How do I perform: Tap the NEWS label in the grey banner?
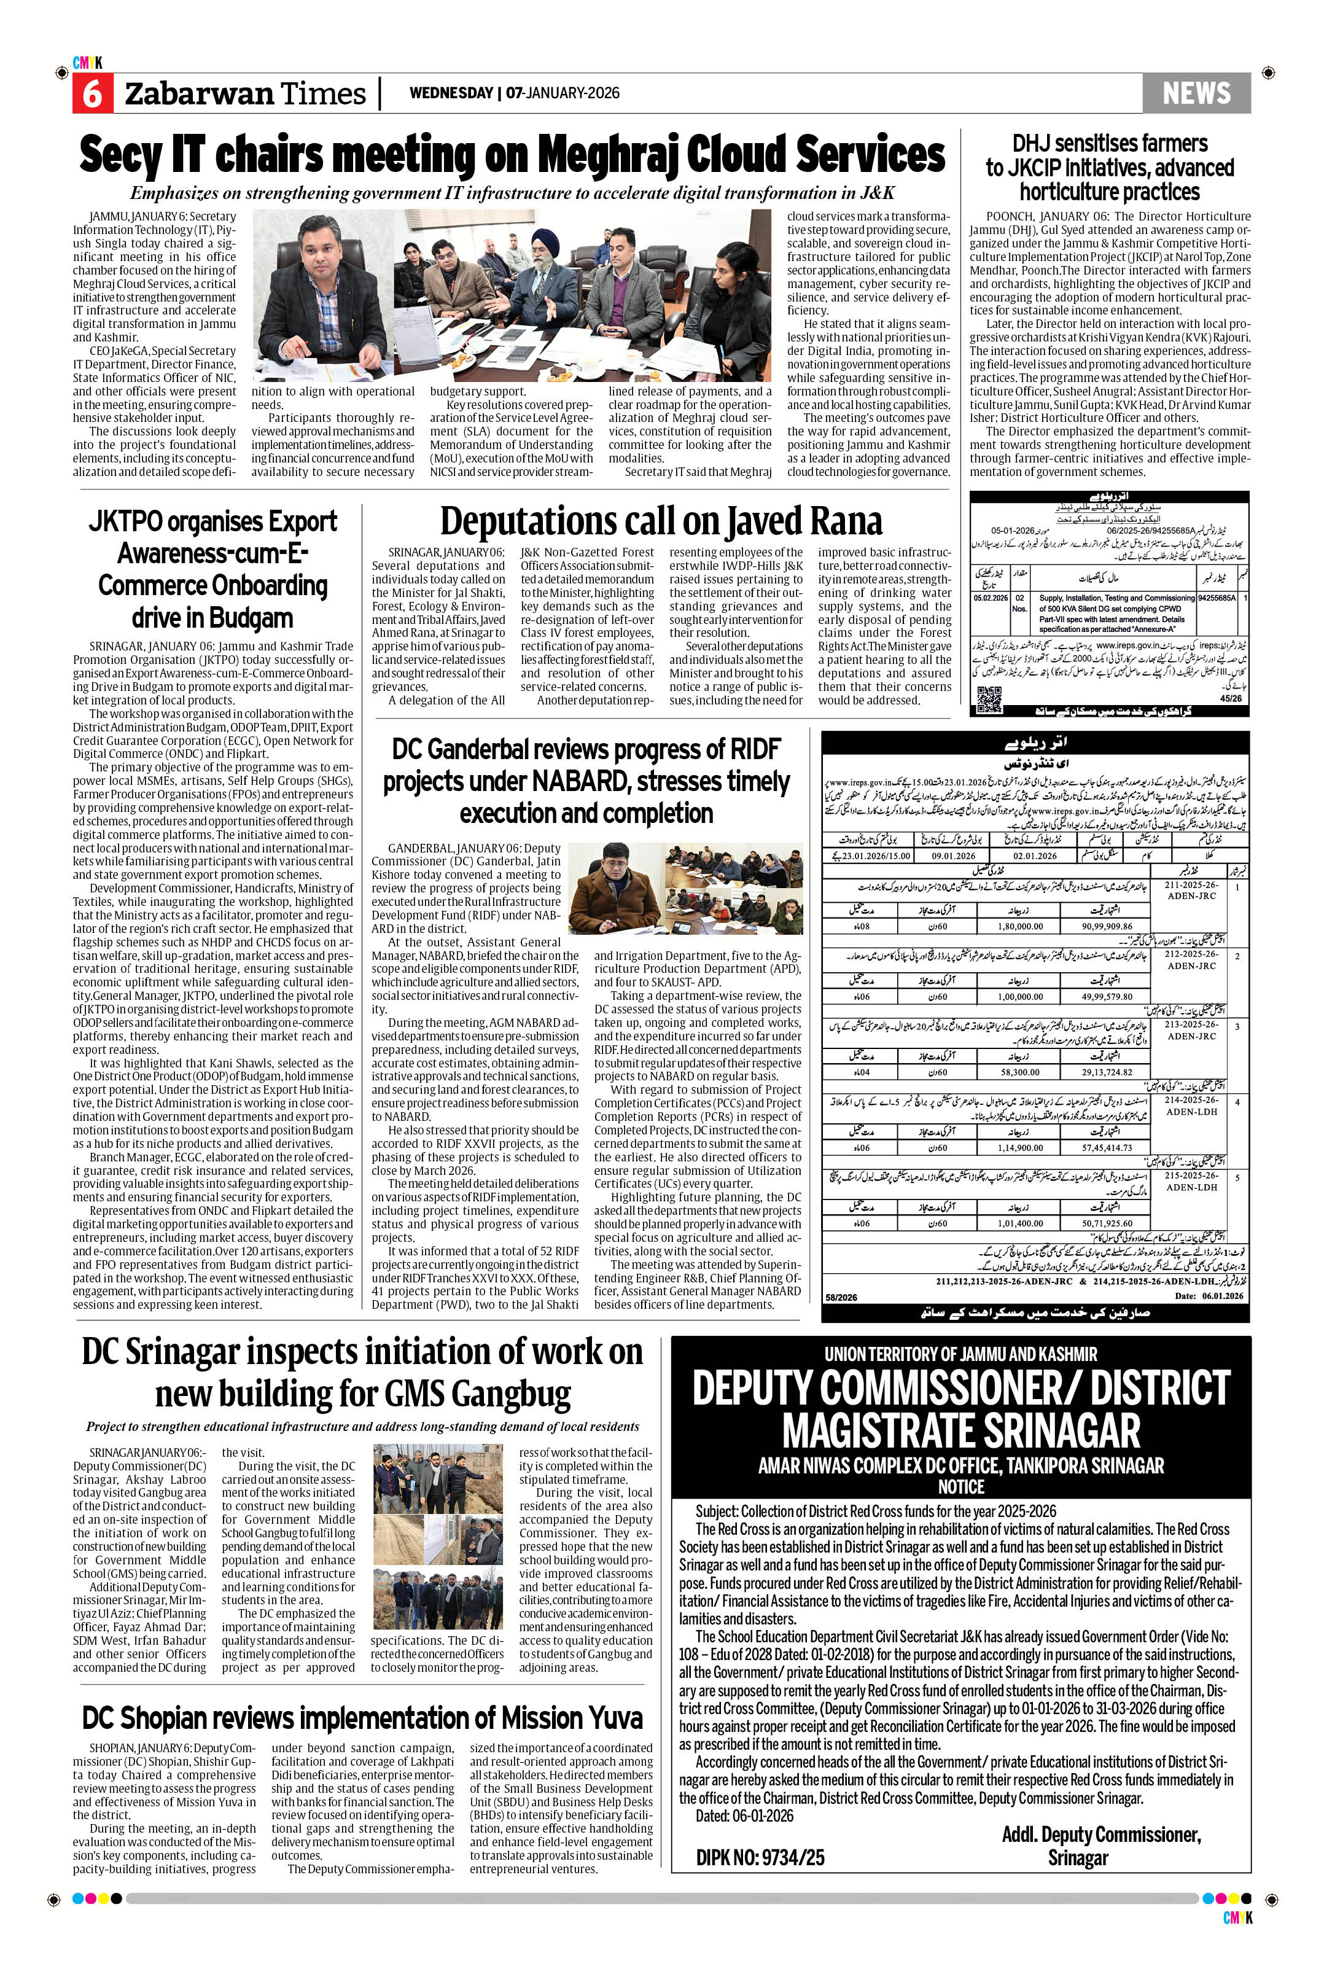(1196, 93)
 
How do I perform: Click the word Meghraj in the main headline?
(606, 156)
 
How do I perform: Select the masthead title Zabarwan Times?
(245, 94)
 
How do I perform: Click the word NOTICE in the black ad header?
(961, 1486)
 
